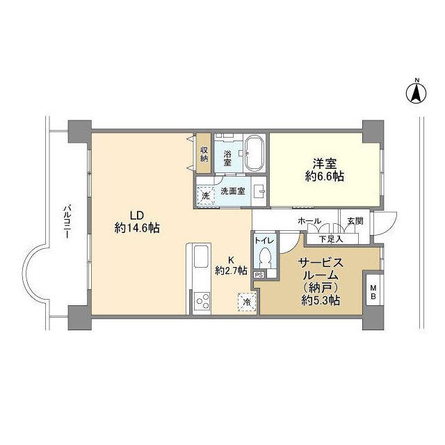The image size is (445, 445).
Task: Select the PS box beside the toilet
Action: click(259, 275)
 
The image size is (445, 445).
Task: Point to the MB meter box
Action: click(373, 291)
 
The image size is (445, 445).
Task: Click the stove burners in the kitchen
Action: click(202, 300)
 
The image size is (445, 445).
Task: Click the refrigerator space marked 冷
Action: click(245, 301)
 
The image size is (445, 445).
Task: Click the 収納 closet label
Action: click(204, 154)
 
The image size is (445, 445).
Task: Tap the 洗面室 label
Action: click(232, 191)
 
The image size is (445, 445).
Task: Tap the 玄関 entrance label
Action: click(355, 221)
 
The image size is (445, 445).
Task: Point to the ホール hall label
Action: click(309, 221)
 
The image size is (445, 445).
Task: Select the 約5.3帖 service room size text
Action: click(321, 301)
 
